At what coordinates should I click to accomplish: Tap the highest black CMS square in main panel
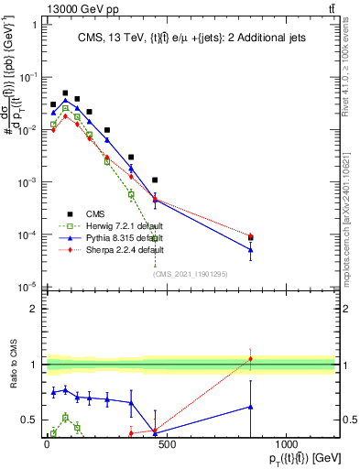point(65,93)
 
